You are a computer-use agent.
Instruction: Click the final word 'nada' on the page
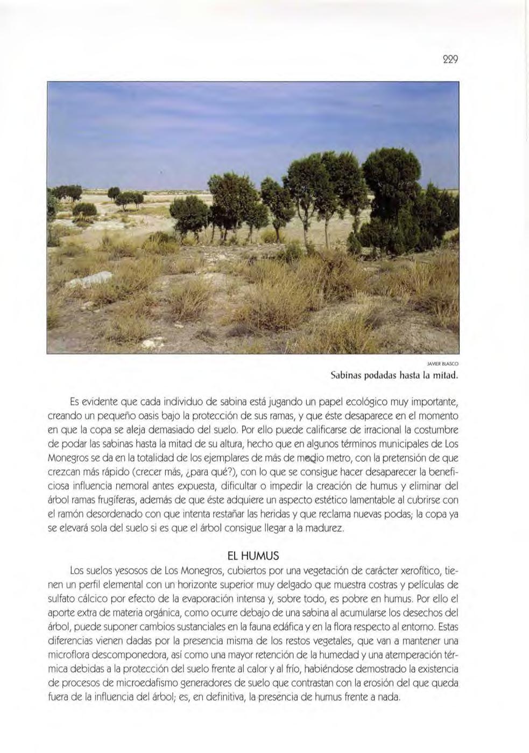[x=391, y=698]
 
